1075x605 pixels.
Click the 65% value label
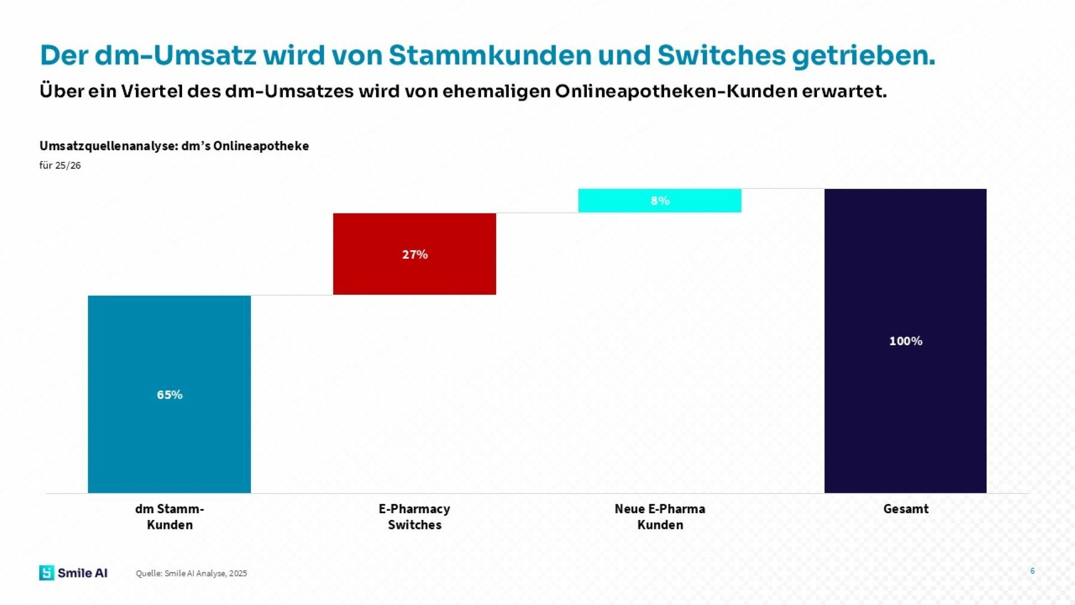[170, 395]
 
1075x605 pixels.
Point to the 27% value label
[415, 254]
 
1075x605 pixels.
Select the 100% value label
[905, 341]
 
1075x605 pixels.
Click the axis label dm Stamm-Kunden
[170, 516]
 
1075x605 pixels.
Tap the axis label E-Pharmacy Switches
[414, 516]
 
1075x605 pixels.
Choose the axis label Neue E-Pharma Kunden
[660, 516]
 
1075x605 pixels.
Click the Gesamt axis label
[905, 509]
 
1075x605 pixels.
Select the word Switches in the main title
[721, 55]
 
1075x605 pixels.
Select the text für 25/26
[60, 165]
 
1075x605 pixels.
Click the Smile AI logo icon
[46, 573]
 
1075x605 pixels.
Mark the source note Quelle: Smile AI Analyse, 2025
[191, 573]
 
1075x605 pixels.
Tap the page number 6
[1032, 571]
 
